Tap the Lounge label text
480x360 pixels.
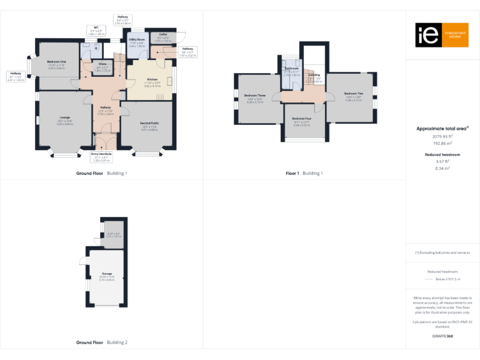[x=64, y=117]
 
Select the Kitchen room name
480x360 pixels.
[x=152, y=79]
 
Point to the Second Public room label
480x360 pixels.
[x=149, y=123]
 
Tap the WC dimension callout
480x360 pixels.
[x=97, y=31]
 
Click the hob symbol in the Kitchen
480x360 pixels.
[x=160, y=96]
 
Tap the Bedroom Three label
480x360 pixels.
[x=254, y=96]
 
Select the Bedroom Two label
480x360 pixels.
[x=353, y=94]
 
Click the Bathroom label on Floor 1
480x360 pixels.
[x=292, y=68]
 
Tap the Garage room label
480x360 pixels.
[x=107, y=274]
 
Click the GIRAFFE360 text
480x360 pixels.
[x=442, y=336]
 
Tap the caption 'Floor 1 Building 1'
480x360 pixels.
[x=304, y=173]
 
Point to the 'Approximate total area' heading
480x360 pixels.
[x=442, y=128]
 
